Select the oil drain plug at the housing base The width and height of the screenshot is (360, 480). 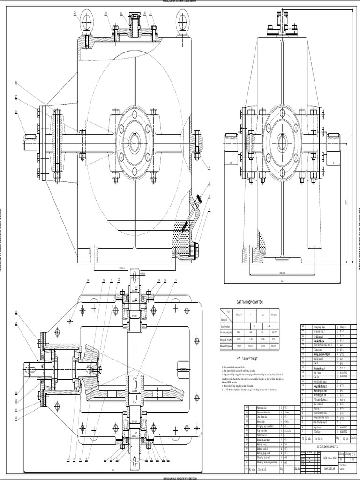coord(195,250)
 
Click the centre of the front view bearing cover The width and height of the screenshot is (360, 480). coord(135,141)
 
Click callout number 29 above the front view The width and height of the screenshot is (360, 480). coord(75,13)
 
